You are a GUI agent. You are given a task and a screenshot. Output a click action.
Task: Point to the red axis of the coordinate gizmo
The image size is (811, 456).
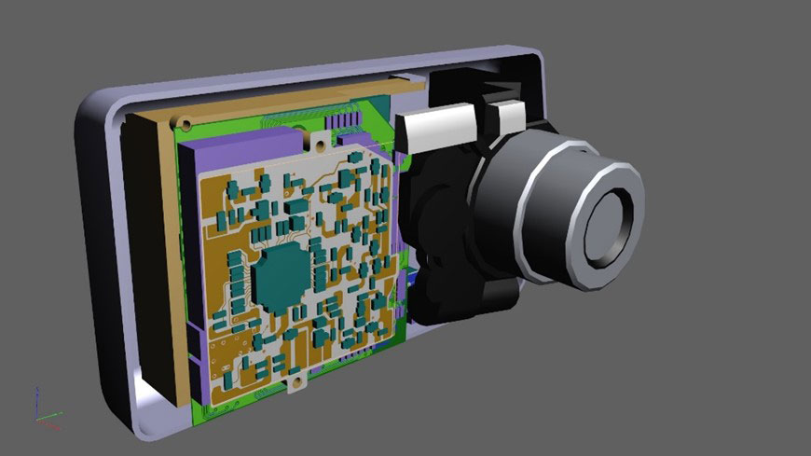pyautogui.click(x=44, y=422)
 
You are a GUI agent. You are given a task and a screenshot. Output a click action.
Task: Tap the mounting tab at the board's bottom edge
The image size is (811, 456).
pyautogui.click(x=296, y=382)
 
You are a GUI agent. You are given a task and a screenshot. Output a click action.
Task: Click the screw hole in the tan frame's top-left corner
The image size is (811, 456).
pyautogui.click(x=186, y=123)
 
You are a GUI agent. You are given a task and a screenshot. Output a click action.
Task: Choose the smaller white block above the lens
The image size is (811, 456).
pyautogui.click(x=510, y=117)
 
